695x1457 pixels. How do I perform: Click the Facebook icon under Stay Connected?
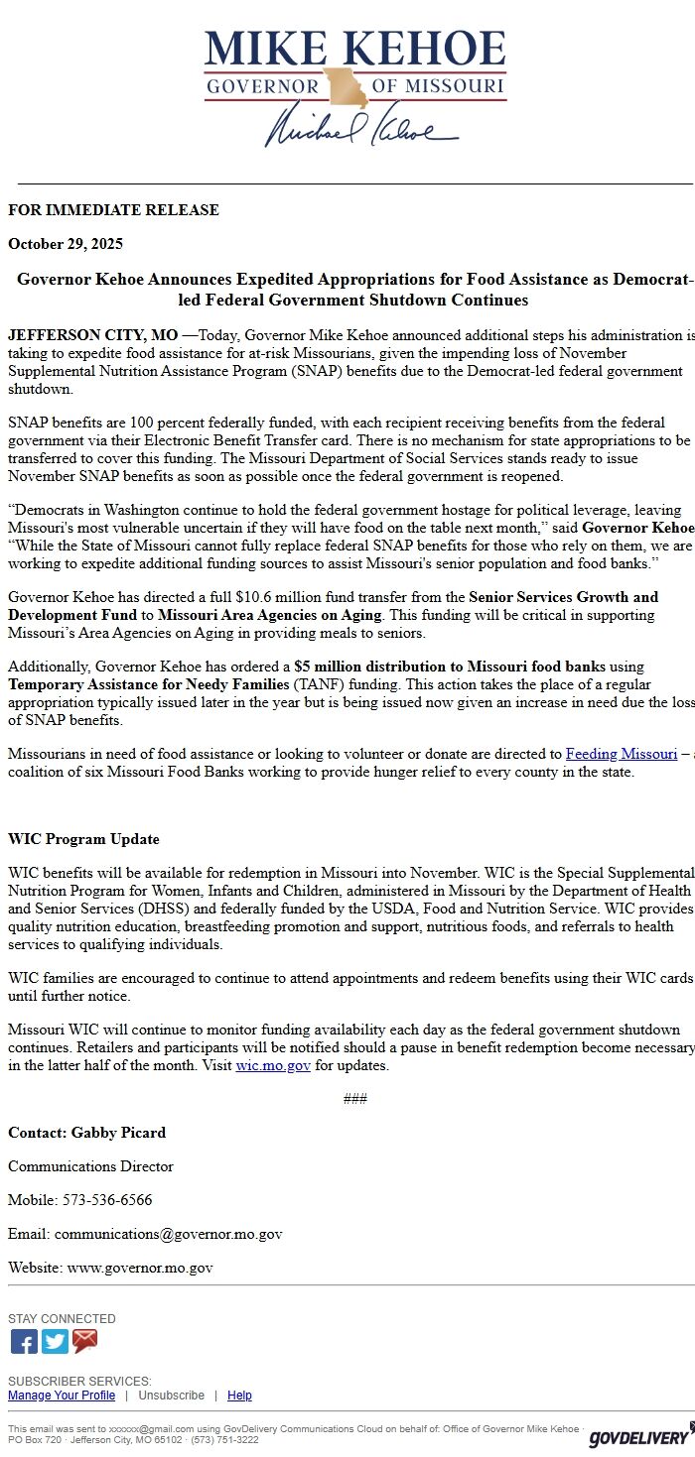(x=24, y=1342)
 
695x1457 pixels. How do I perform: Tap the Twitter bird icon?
(x=55, y=1342)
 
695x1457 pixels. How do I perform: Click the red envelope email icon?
(x=85, y=1342)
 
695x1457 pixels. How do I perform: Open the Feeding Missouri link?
(x=622, y=754)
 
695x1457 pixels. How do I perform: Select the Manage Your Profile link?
(x=62, y=1396)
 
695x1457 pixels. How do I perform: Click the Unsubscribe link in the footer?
(x=171, y=1396)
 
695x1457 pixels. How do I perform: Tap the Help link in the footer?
(x=239, y=1396)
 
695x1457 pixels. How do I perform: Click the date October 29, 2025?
(x=66, y=244)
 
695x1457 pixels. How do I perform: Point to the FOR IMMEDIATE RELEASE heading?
(x=113, y=210)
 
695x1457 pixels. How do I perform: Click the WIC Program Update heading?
(x=83, y=839)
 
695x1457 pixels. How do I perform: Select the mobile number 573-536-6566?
(x=107, y=1200)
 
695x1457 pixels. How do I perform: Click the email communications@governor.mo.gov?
(x=168, y=1234)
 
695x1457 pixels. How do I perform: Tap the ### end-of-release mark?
(x=354, y=1099)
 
